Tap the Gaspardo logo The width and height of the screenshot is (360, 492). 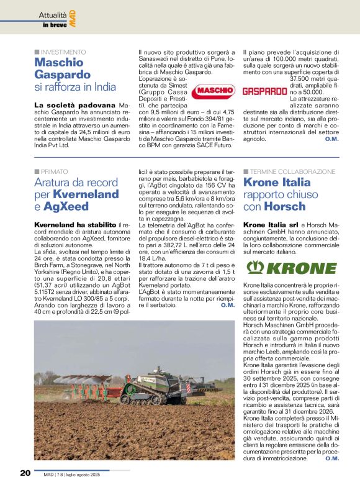[x=264, y=91]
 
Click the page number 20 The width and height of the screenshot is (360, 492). [x=25, y=473]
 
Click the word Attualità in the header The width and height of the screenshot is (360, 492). [x=52, y=14]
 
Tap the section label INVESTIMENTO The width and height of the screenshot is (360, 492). [x=63, y=52]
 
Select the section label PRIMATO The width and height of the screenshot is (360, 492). [x=54, y=170]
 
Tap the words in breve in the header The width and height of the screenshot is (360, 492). [x=53, y=25]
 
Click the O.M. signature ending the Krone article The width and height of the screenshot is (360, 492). [x=331, y=458]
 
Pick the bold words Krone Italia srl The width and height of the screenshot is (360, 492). [x=271, y=224]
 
